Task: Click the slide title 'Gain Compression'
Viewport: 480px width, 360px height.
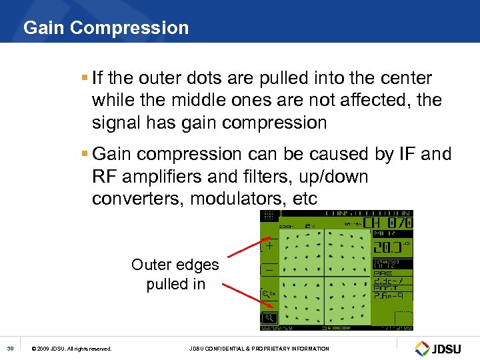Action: (x=106, y=28)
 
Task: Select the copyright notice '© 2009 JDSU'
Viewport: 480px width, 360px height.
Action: (x=71, y=349)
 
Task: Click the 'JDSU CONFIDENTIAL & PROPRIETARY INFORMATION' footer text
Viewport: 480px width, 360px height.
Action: (x=259, y=349)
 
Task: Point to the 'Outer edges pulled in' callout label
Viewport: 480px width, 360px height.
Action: (x=175, y=274)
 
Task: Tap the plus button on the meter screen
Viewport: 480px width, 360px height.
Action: (x=269, y=245)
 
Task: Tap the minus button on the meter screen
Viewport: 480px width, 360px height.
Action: (x=269, y=269)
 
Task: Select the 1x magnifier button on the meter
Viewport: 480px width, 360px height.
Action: (x=269, y=293)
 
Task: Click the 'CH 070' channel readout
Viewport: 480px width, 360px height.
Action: (x=388, y=222)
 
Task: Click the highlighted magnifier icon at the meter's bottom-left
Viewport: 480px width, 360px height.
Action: (x=269, y=317)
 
